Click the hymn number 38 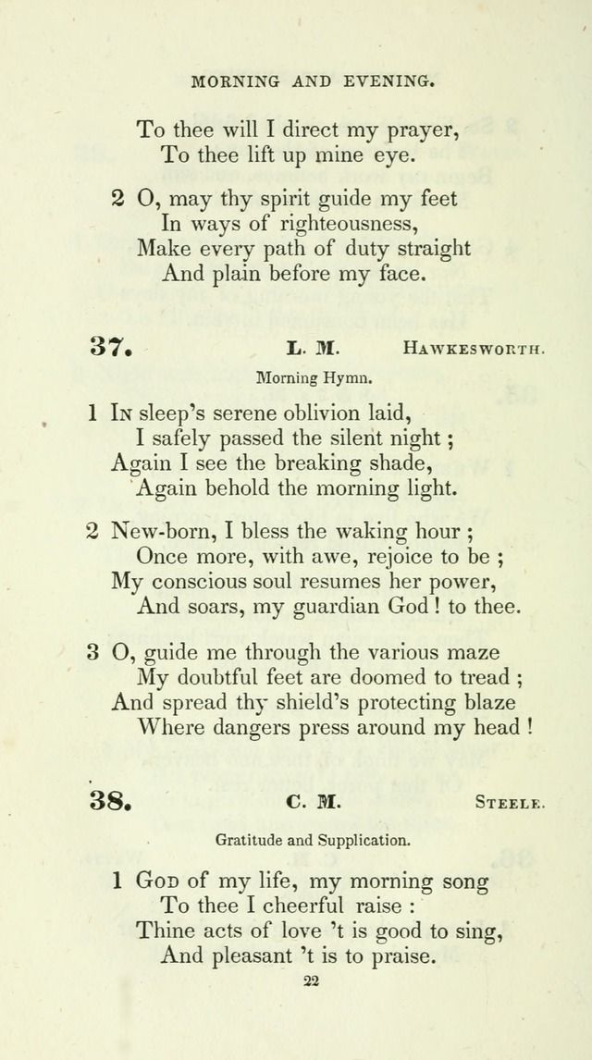pyautogui.click(x=110, y=801)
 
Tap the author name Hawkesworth pyautogui.click(x=473, y=349)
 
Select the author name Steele pyautogui.click(x=510, y=802)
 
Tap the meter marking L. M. pyautogui.click(x=314, y=349)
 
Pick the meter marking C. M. pyautogui.click(x=314, y=802)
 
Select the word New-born pyautogui.click(x=154, y=533)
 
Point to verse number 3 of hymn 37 pyautogui.click(x=93, y=653)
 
